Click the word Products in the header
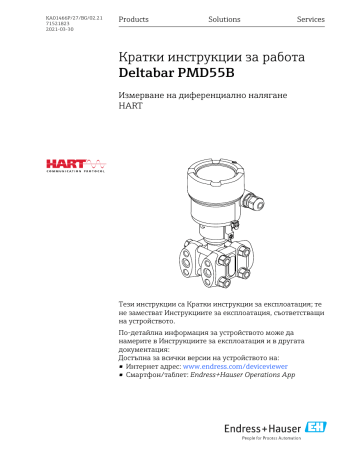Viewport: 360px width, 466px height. [x=134, y=19]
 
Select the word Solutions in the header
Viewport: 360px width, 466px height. [x=223, y=19]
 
